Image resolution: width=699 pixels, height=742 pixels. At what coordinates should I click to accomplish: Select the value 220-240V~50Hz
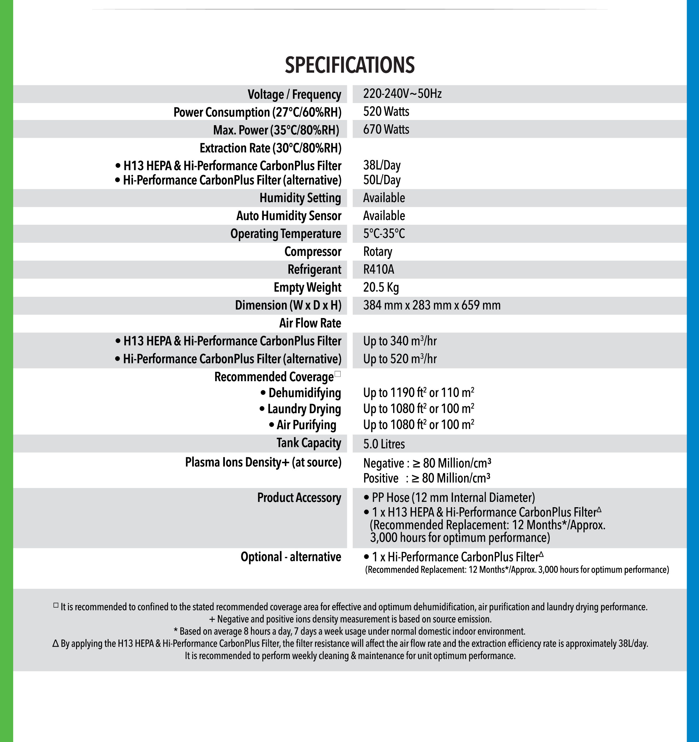(402, 94)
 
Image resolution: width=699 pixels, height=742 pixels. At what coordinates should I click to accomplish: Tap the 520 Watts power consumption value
(386, 112)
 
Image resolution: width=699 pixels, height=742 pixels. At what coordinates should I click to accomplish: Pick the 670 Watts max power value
(386, 129)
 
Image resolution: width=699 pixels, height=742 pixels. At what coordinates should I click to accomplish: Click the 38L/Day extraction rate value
(382, 165)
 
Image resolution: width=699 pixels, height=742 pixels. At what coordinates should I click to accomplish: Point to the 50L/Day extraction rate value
(382, 180)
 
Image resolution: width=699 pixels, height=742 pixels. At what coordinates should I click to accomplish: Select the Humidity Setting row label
(300, 198)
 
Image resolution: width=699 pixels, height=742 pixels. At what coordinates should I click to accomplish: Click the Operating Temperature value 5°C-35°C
(384, 234)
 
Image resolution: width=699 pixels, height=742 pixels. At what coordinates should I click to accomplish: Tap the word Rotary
(378, 251)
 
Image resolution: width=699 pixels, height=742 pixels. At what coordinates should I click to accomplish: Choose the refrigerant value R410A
(379, 270)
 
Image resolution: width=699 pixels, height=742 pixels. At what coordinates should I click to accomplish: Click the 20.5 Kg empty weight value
(381, 287)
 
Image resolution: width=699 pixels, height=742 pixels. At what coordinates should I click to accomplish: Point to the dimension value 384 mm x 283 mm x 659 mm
(432, 305)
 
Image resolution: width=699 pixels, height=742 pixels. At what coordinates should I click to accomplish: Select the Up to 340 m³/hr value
(399, 341)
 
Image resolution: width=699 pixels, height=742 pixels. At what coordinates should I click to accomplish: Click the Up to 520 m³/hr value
(399, 359)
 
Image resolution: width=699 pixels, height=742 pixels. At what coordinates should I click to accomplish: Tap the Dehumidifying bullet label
(301, 393)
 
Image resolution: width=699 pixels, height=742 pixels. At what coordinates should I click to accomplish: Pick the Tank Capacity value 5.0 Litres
(384, 444)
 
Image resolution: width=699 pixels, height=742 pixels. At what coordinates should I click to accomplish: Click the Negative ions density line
(427, 463)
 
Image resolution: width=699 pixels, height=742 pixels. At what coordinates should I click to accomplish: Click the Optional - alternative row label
(291, 557)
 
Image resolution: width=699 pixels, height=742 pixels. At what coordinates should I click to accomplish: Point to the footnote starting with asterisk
(349, 631)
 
